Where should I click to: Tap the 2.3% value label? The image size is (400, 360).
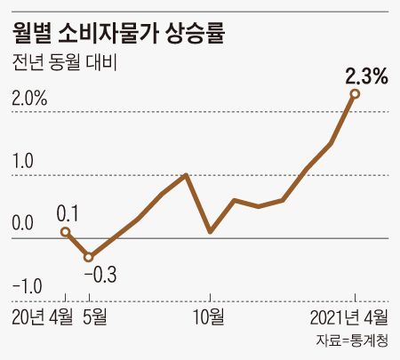[x=366, y=76]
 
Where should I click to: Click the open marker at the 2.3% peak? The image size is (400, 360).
[x=355, y=93]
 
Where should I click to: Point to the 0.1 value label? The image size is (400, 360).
[x=68, y=213]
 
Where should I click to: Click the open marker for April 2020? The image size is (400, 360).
[x=65, y=232]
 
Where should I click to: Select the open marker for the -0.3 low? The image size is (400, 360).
[x=89, y=257]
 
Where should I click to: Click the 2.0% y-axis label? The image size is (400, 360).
[x=29, y=99]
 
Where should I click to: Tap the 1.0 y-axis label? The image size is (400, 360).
[x=22, y=162]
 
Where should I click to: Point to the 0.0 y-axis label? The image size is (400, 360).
[x=22, y=224]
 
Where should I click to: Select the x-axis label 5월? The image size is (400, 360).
[x=95, y=316]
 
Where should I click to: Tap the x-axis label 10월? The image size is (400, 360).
[x=210, y=316]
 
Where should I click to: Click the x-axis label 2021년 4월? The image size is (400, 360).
[x=348, y=316]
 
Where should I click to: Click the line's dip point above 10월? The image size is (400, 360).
[x=210, y=232]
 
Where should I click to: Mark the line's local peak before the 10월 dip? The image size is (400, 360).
[x=186, y=174]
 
